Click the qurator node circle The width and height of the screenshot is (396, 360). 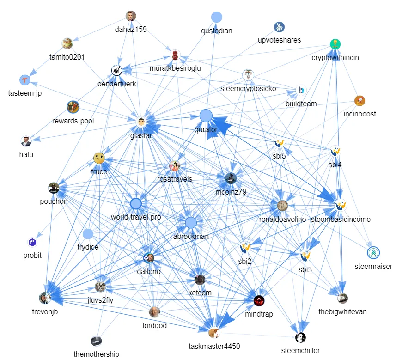point(206,116)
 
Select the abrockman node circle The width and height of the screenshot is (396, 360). point(191,223)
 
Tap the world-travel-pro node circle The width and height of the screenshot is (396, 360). point(136,203)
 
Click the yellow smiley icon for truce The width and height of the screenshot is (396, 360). point(98,158)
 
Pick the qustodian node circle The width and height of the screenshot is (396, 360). point(216,17)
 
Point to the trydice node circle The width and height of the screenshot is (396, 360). point(88,234)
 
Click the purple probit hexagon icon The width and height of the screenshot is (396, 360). point(32,242)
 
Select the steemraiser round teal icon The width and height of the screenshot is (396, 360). point(373,253)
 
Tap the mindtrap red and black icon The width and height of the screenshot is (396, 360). point(259,301)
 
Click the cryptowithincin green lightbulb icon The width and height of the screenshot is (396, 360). point(335,44)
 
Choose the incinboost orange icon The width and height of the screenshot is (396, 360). point(359,100)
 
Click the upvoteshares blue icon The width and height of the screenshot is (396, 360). point(279,26)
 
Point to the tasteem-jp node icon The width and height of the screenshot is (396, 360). point(24,80)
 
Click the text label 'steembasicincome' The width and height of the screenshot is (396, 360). point(341,219)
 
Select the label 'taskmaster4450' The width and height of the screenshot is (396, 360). point(214,346)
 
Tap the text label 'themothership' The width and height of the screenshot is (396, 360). point(96,354)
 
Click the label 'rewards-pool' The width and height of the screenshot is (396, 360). point(73,121)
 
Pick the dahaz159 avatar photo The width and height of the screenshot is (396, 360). point(131,16)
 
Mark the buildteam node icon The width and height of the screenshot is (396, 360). point(301,90)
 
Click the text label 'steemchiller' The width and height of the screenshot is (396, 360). point(300,350)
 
